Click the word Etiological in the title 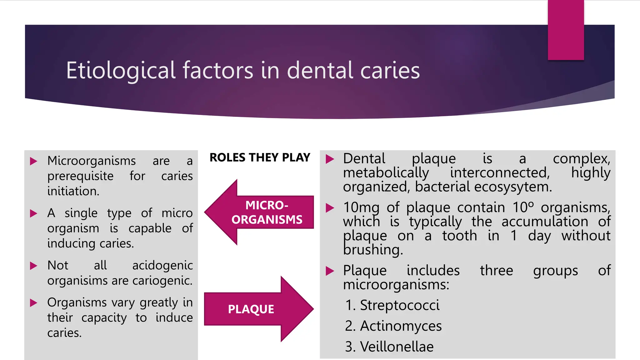pyautogui.click(x=121, y=71)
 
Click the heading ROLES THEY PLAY pyautogui.click(x=260, y=157)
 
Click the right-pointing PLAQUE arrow pyautogui.click(x=256, y=309)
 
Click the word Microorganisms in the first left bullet pyautogui.click(x=92, y=161)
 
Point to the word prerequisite pyautogui.click(x=80, y=176)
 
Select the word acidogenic pyautogui.click(x=162, y=266)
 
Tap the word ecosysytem pyautogui.click(x=513, y=187)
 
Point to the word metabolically pyautogui.click(x=386, y=173)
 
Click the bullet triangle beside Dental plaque pyautogui.click(x=330, y=159)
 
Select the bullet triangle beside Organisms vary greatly pyautogui.click(x=33, y=302)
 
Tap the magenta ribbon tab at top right pyautogui.click(x=566, y=30)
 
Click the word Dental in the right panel pyautogui.click(x=364, y=159)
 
